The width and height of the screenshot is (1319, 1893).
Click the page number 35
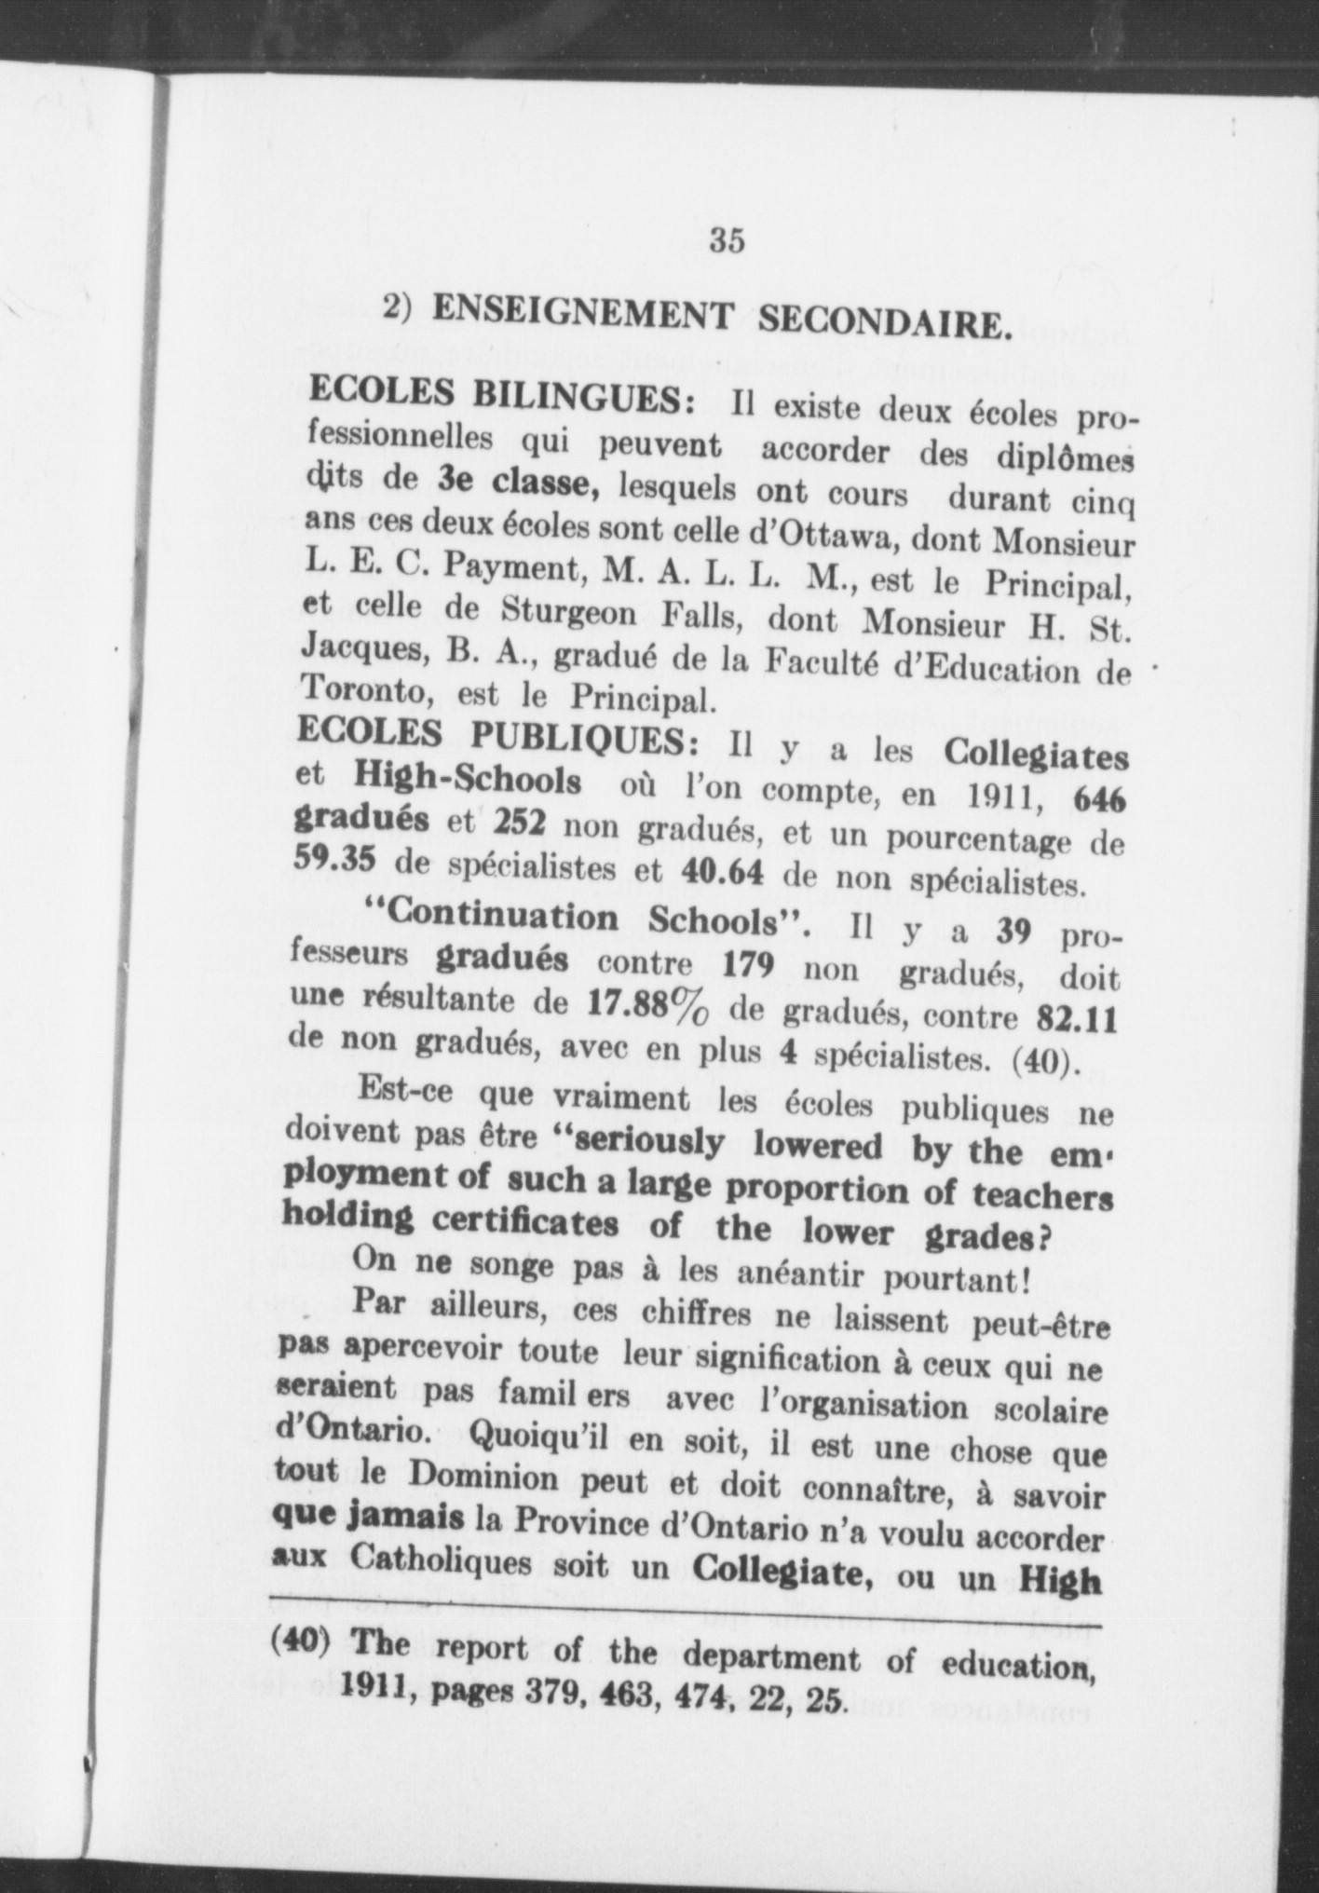[727, 240]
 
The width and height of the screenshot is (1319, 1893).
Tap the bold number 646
[1099, 798]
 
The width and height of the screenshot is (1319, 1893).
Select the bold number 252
[519, 823]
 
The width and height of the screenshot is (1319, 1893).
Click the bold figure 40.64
[724, 872]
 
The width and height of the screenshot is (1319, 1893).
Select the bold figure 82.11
[1077, 1019]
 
